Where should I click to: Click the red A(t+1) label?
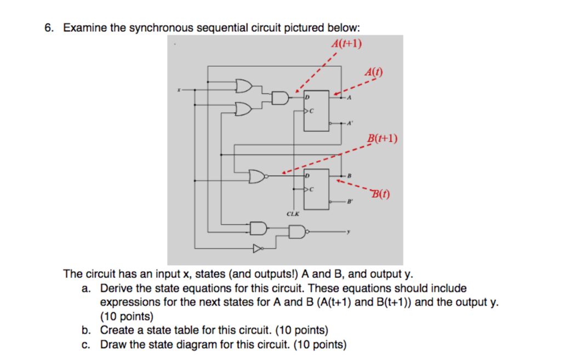point(347,44)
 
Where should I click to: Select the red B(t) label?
point(381,193)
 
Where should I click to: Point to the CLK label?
point(293,214)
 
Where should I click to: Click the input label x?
point(178,89)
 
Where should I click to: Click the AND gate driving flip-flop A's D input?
point(280,98)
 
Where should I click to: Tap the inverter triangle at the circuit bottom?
point(256,249)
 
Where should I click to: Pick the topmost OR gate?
point(243,86)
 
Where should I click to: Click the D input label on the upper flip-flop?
point(308,96)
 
